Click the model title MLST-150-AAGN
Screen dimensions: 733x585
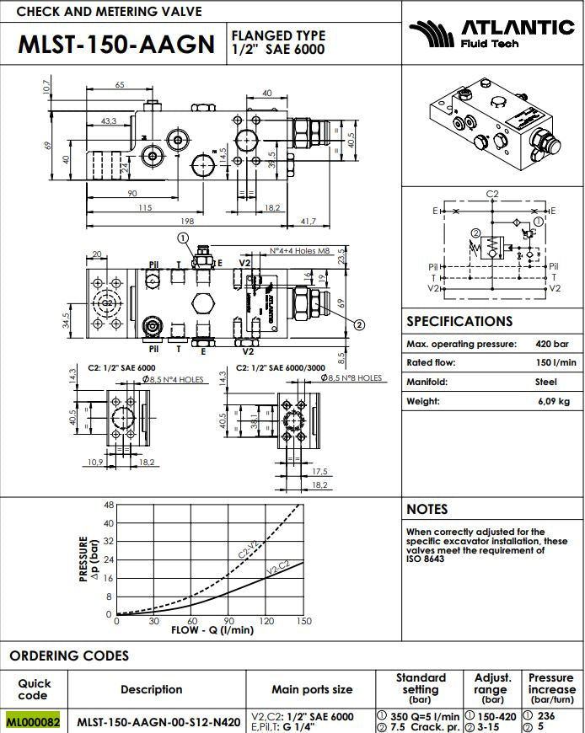point(116,44)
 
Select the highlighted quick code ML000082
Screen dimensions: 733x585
point(34,722)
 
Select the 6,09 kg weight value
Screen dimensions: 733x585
point(554,401)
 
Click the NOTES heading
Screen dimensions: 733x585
point(427,509)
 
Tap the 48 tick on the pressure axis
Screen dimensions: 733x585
point(108,506)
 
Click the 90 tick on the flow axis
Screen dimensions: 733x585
point(228,621)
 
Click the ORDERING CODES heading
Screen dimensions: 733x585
point(69,655)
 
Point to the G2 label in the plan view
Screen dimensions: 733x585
point(107,302)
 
